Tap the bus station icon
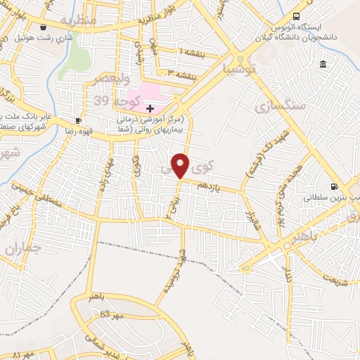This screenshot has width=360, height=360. (296, 15)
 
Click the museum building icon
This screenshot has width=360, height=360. (323, 65)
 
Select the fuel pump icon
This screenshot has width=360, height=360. (333, 186)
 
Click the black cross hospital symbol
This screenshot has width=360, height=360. (150, 108)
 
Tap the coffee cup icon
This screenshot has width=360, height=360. (78, 120)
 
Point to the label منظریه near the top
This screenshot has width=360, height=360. (78, 20)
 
